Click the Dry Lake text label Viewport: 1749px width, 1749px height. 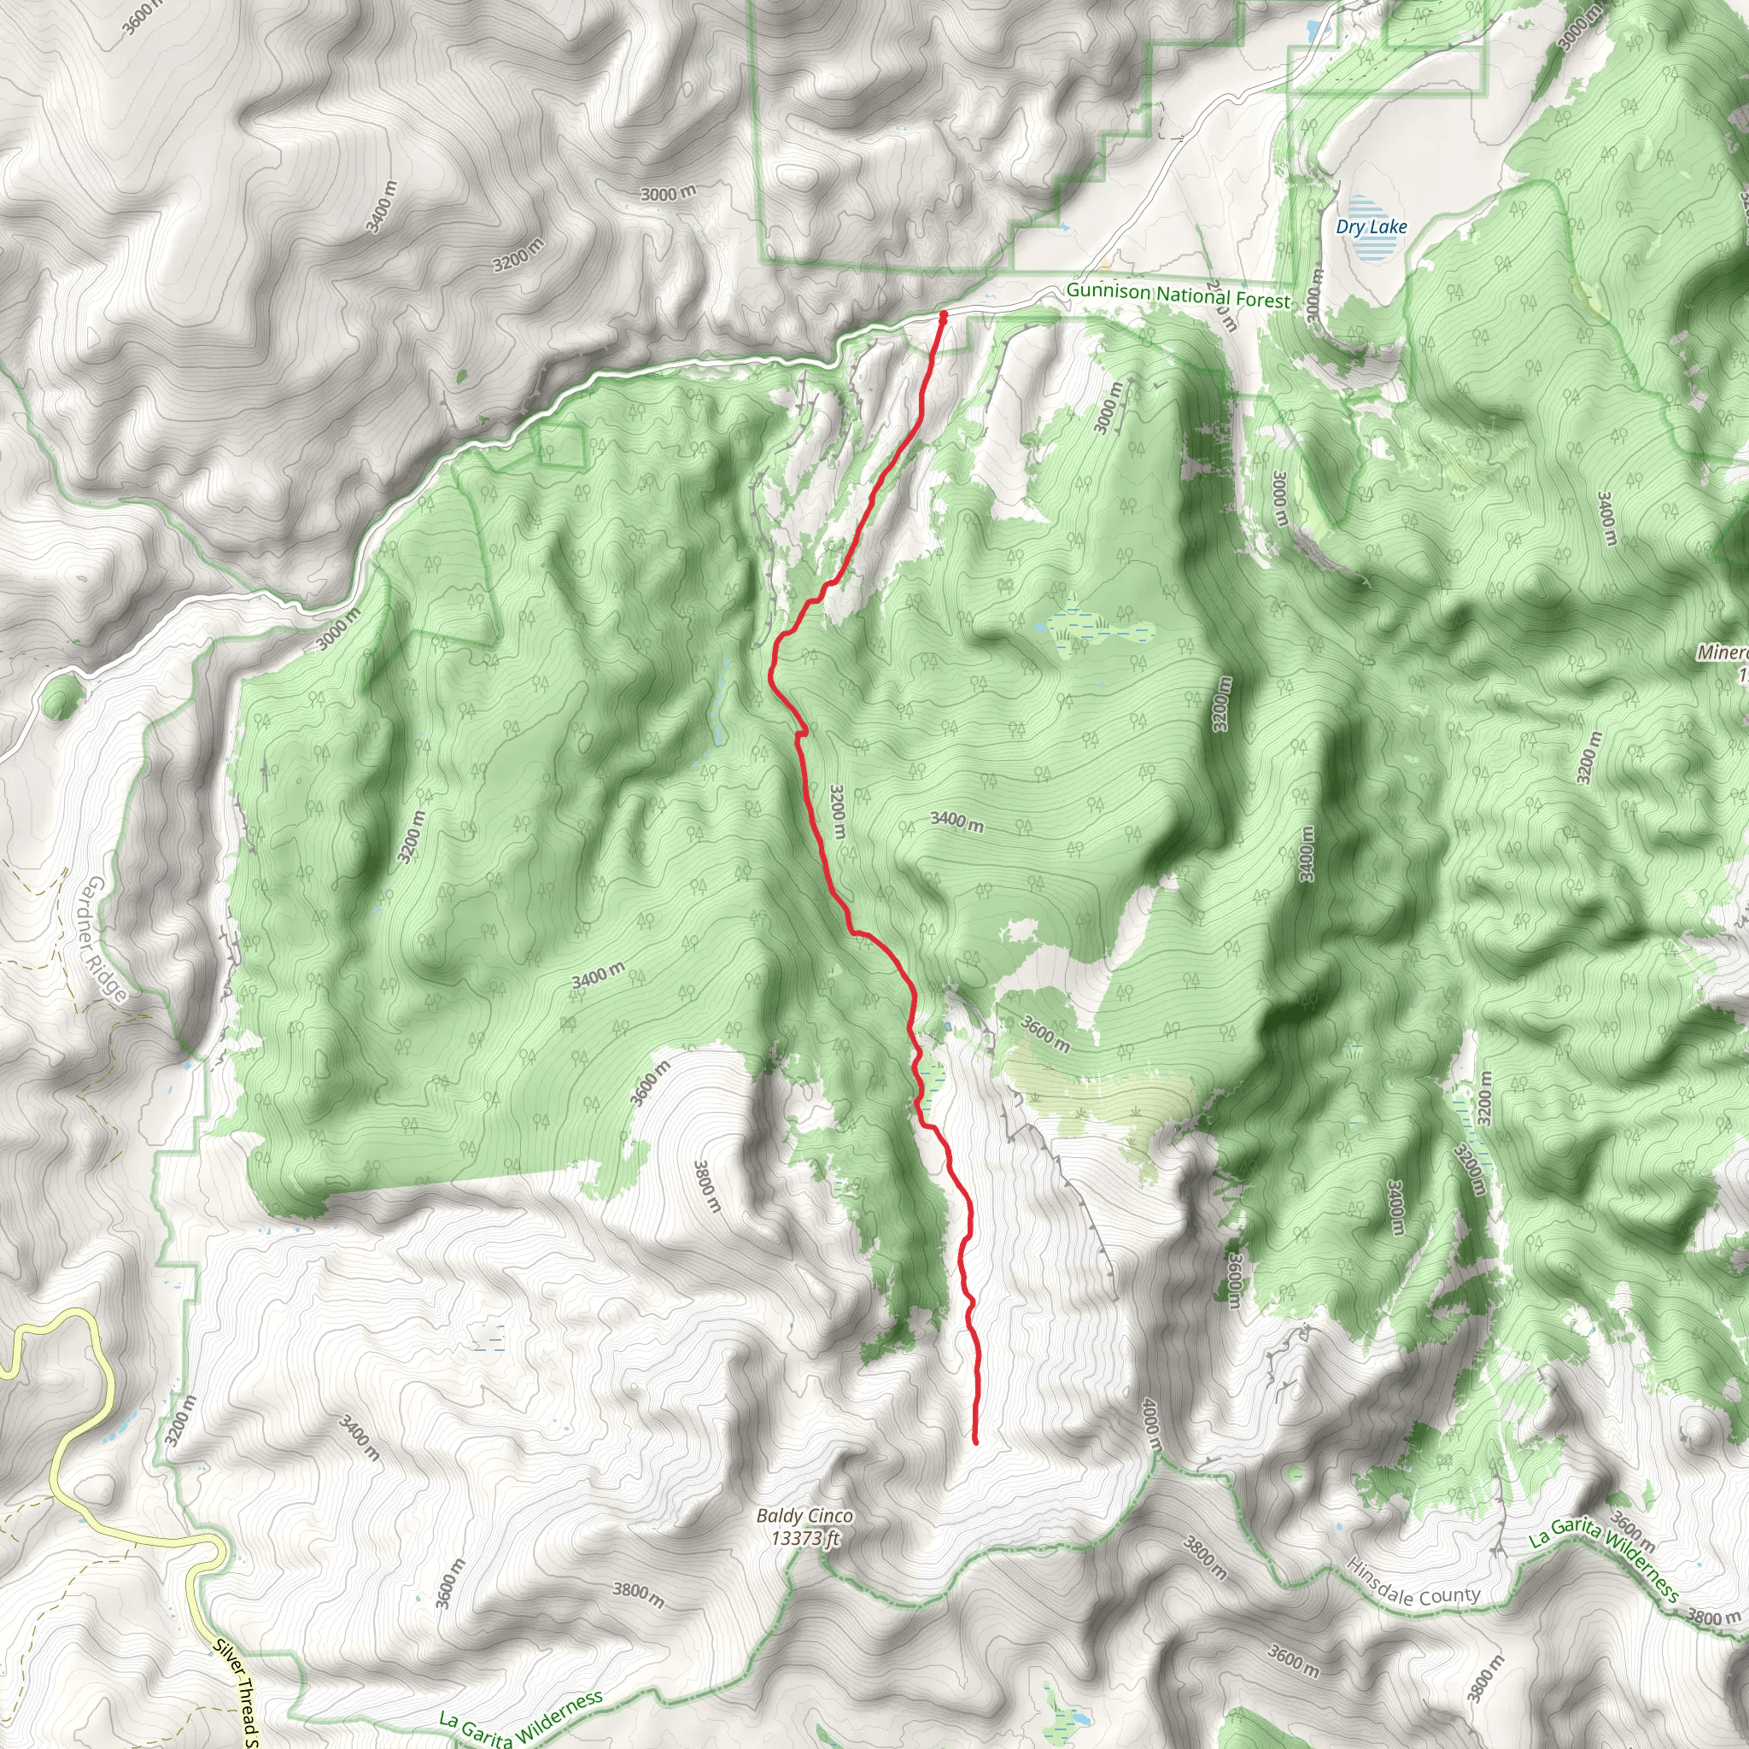tap(1372, 226)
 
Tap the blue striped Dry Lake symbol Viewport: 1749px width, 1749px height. tap(1372, 240)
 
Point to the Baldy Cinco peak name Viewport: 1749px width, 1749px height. tap(804, 1517)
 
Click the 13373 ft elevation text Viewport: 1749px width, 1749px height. tap(805, 1537)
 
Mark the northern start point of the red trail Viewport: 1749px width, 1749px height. tap(944, 315)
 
